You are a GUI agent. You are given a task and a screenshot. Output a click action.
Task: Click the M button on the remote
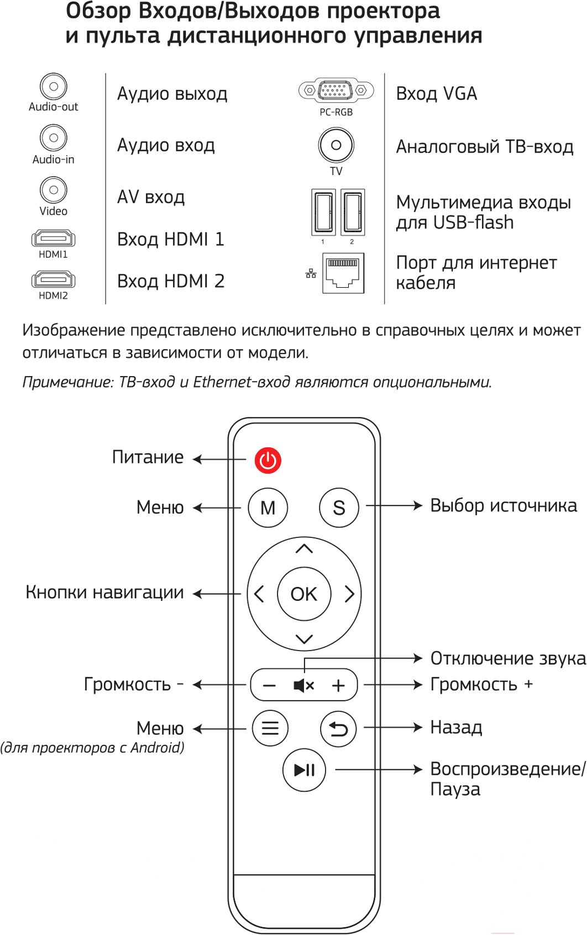click(x=268, y=508)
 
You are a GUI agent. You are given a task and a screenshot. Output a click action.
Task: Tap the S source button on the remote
click(x=339, y=508)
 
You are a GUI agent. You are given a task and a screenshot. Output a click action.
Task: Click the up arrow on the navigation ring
click(x=304, y=548)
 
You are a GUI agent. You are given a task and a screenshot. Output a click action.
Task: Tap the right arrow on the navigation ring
click(x=350, y=594)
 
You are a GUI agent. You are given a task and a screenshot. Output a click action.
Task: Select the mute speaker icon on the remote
click(x=304, y=685)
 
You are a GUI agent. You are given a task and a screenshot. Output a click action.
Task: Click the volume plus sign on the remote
click(x=338, y=685)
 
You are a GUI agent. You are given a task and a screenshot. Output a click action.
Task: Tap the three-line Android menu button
click(x=270, y=728)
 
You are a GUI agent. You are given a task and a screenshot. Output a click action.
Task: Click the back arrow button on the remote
click(x=338, y=729)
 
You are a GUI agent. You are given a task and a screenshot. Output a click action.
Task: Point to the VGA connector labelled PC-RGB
click(x=336, y=89)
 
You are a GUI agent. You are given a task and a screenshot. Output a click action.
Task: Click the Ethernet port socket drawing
click(x=343, y=273)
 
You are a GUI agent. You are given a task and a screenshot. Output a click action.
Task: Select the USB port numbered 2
click(x=353, y=212)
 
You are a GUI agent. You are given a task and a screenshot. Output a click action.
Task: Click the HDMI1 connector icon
click(x=53, y=239)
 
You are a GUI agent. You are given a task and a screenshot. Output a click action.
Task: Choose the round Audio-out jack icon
click(x=54, y=86)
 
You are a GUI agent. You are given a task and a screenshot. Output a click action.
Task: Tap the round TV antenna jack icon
click(x=336, y=145)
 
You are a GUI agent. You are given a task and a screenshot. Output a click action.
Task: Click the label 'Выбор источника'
click(x=504, y=505)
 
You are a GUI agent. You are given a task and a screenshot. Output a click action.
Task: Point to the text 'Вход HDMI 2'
click(x=170, y=281)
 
